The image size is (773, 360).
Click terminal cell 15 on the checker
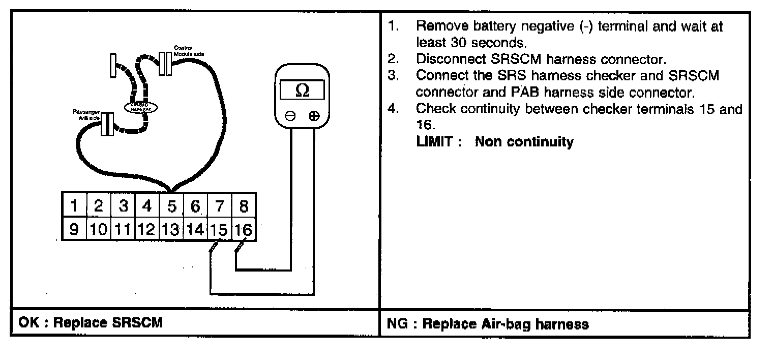point(220,230)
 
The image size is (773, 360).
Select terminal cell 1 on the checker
point(74,206)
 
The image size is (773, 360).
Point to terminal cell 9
point(74,230)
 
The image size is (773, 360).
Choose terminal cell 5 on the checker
point(171,206)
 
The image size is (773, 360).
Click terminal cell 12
point(147,230)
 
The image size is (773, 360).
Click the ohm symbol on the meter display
point(302,91)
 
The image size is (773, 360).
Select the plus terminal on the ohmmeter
point(314,116)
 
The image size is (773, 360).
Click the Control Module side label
point(189,51)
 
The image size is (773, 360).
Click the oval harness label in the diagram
point(141,106)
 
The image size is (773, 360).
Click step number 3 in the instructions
point(392,75)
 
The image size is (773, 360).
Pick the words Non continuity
point(524,142)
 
